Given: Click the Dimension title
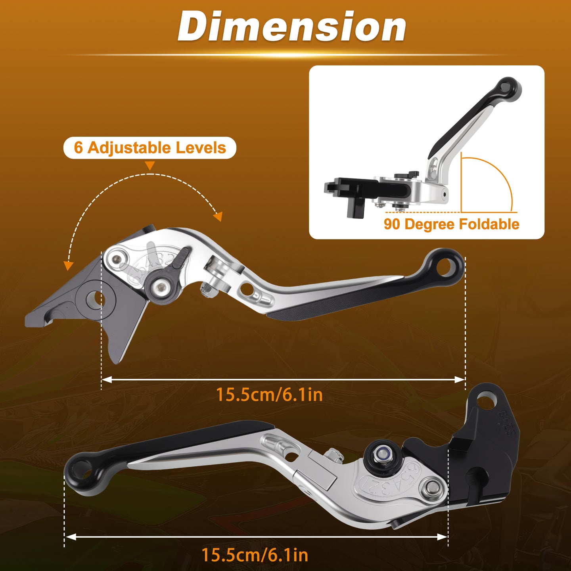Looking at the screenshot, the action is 292,27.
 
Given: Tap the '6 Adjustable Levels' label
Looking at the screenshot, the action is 149,148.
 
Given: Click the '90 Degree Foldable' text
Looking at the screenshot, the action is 451,224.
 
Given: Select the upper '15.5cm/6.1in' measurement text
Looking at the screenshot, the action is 269,395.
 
